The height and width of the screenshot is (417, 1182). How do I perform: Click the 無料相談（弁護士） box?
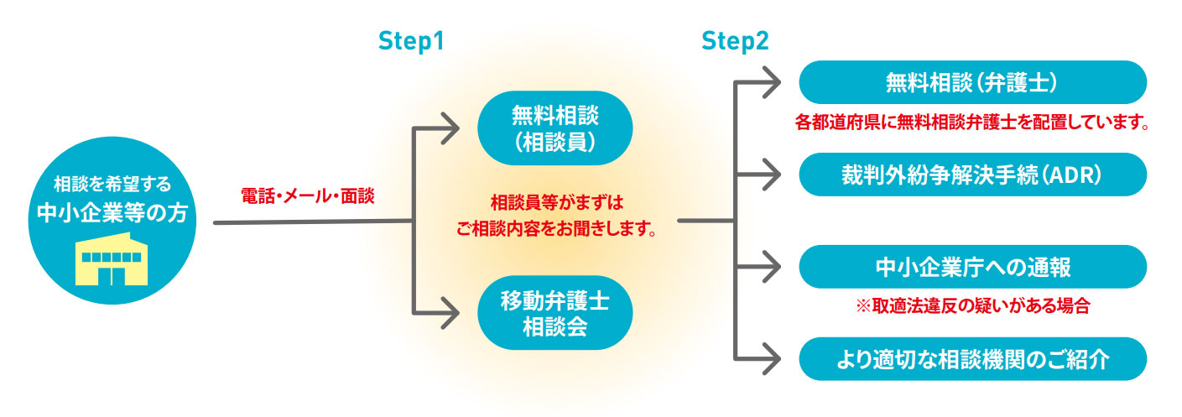972,83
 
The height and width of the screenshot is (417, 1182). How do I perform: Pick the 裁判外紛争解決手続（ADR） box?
972,175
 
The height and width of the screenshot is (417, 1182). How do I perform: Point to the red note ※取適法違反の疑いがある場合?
972,306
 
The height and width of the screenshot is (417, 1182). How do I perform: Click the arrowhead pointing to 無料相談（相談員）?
450,129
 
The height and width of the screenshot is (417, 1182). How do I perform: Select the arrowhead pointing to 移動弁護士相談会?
450,314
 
